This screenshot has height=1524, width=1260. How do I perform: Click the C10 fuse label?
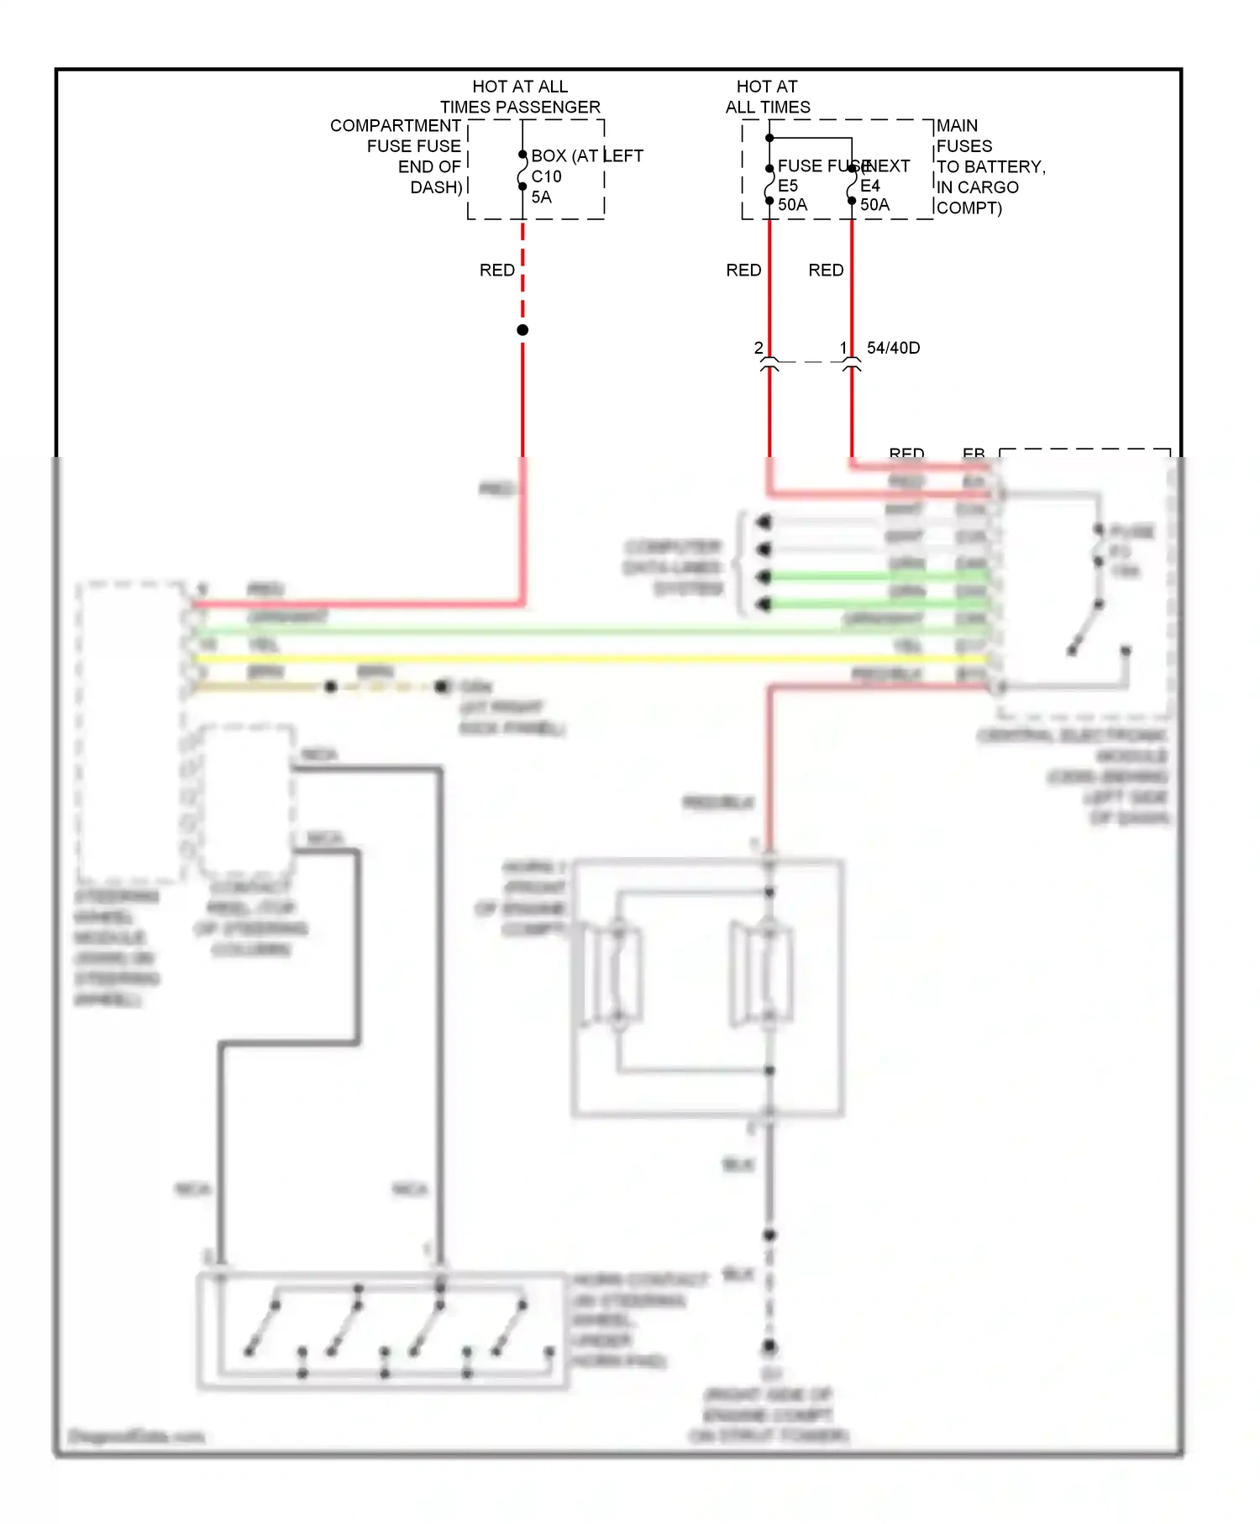546,176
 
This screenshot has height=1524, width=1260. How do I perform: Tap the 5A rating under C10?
541,197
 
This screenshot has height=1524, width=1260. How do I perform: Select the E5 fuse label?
787,186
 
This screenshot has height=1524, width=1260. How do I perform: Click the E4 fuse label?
869,186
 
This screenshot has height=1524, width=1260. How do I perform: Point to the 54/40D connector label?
893,348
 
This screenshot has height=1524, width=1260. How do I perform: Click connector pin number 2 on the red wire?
759,348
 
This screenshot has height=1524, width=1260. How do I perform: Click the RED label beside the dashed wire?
496,271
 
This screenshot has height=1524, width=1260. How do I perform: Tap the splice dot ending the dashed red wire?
522,330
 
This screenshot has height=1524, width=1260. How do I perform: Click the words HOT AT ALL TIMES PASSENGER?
520,97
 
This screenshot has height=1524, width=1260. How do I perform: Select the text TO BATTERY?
990,167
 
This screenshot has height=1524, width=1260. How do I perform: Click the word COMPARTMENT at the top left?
395,126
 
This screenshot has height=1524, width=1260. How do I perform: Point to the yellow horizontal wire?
588,659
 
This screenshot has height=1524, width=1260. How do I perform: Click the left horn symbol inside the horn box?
617,975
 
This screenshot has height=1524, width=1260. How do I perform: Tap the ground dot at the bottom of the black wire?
769,1347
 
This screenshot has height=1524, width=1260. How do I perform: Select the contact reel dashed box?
247,798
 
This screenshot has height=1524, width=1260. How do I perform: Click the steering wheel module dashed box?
130,731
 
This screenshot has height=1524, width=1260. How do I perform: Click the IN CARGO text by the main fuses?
977,187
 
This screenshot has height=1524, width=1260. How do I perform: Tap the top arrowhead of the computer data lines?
764,523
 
